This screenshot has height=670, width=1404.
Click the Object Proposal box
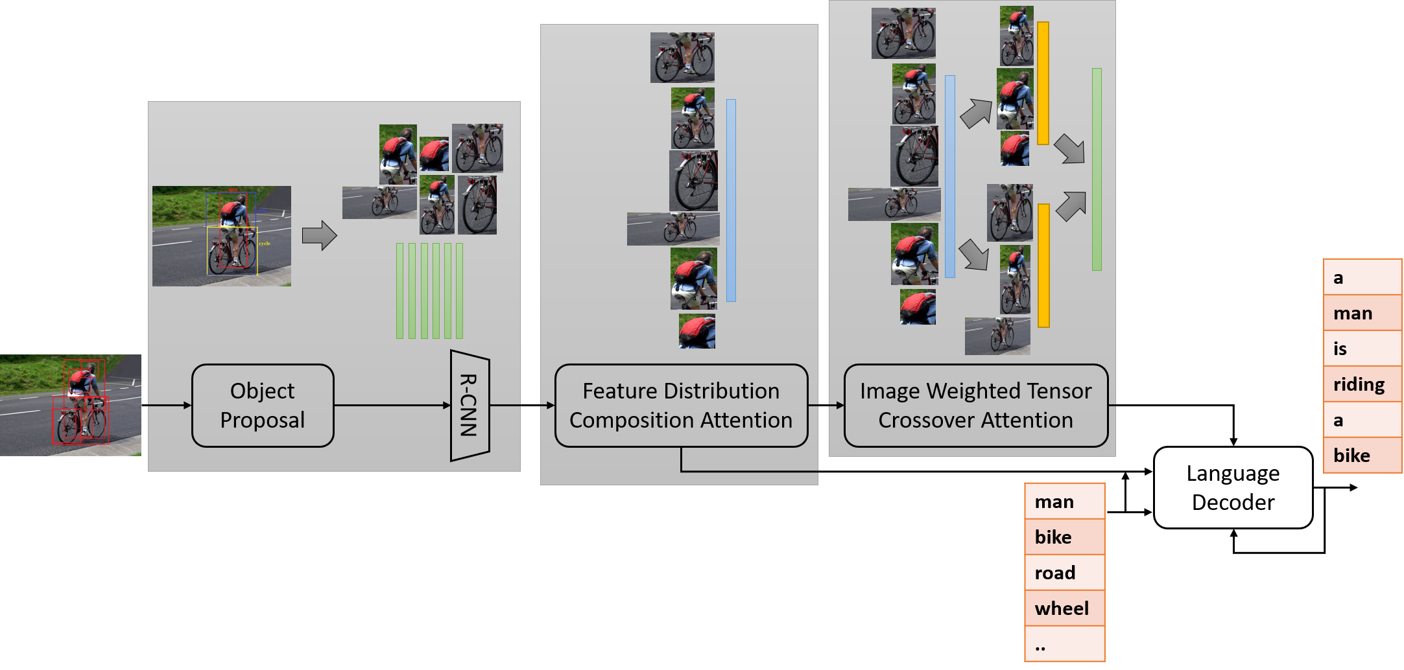click(263, 406)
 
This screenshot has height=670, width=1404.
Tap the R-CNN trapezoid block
click(470, 406)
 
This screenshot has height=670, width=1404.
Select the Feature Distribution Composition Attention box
click(681, 406)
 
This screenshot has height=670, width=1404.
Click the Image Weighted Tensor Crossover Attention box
click(975, 406)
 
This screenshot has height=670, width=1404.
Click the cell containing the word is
click(1362, 349)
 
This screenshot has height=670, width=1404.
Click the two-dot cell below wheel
click(1064, 644)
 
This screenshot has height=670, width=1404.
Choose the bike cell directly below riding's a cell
click(1362, 456)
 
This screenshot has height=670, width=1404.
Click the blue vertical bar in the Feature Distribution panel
click(731, 200)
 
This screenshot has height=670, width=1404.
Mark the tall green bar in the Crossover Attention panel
click(1097, 169)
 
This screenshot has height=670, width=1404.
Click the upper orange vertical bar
click(1043, 83)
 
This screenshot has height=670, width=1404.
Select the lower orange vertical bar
click(1043, 265)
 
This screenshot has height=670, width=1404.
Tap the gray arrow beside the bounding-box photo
click(319, 235)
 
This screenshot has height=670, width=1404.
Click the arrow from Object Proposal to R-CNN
click(392, 406)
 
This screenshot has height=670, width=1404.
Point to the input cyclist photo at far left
click(70, 405)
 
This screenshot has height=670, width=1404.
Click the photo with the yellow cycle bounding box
click(222, 236)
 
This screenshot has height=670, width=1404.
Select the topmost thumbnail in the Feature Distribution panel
click(682, 58)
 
